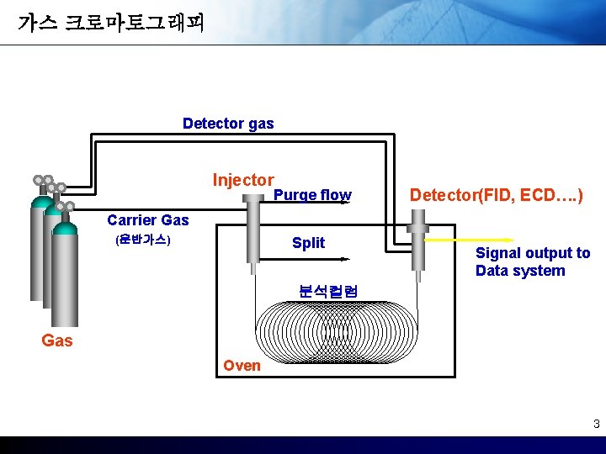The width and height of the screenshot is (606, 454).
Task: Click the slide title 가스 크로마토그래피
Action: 110,22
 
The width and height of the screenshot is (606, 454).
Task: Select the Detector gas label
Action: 228,124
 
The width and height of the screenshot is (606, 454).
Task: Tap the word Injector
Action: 242,180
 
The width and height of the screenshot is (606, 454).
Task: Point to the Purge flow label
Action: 312,195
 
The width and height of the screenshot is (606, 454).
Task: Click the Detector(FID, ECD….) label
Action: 496,195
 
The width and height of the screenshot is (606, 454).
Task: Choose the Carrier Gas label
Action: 148,220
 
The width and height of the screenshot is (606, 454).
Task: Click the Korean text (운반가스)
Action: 142,241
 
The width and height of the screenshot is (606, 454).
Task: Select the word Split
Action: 308,243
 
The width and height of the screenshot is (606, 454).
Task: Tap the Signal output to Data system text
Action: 533,261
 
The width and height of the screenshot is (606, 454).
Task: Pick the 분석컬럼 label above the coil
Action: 328,292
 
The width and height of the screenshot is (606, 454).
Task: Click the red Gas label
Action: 57,340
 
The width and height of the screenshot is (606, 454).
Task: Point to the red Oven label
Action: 242,365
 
